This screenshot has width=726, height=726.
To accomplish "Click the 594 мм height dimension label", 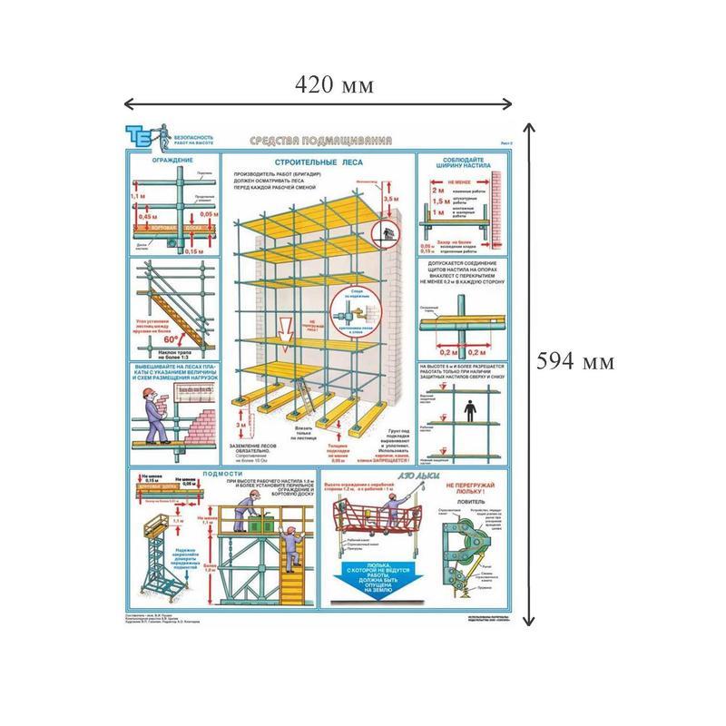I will point(576,360).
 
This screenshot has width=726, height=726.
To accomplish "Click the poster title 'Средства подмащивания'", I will point(321,142).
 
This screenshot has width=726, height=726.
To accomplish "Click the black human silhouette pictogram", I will point(468,411).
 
